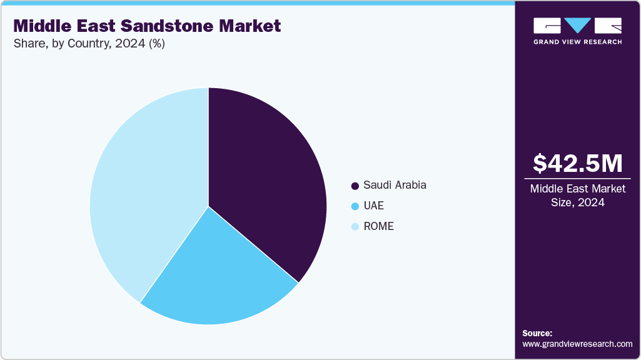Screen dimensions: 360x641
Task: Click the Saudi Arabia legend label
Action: click(x=395, y=185)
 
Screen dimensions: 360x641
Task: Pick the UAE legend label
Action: click(x=374, y=206)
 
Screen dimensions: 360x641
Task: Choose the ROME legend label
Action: click(x=378, y=226)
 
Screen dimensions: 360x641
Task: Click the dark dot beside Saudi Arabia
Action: click(x=355, y=186)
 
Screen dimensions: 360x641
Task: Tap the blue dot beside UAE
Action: click(x=355, y=206)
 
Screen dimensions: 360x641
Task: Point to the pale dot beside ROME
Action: click(x=355, y=227)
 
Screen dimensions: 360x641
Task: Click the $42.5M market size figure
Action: click(x=578, y=163)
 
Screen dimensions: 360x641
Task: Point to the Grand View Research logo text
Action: click(x=577, y=42)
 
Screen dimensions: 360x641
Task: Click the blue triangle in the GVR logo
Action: click(x=578, y=26)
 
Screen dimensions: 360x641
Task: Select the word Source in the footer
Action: click(x=537, y=333)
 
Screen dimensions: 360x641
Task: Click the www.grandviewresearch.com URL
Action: click(x=577, y=344)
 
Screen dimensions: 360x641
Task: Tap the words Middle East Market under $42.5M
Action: click(x=578, y=189)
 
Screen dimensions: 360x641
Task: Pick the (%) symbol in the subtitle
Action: click(x=154, y=44)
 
